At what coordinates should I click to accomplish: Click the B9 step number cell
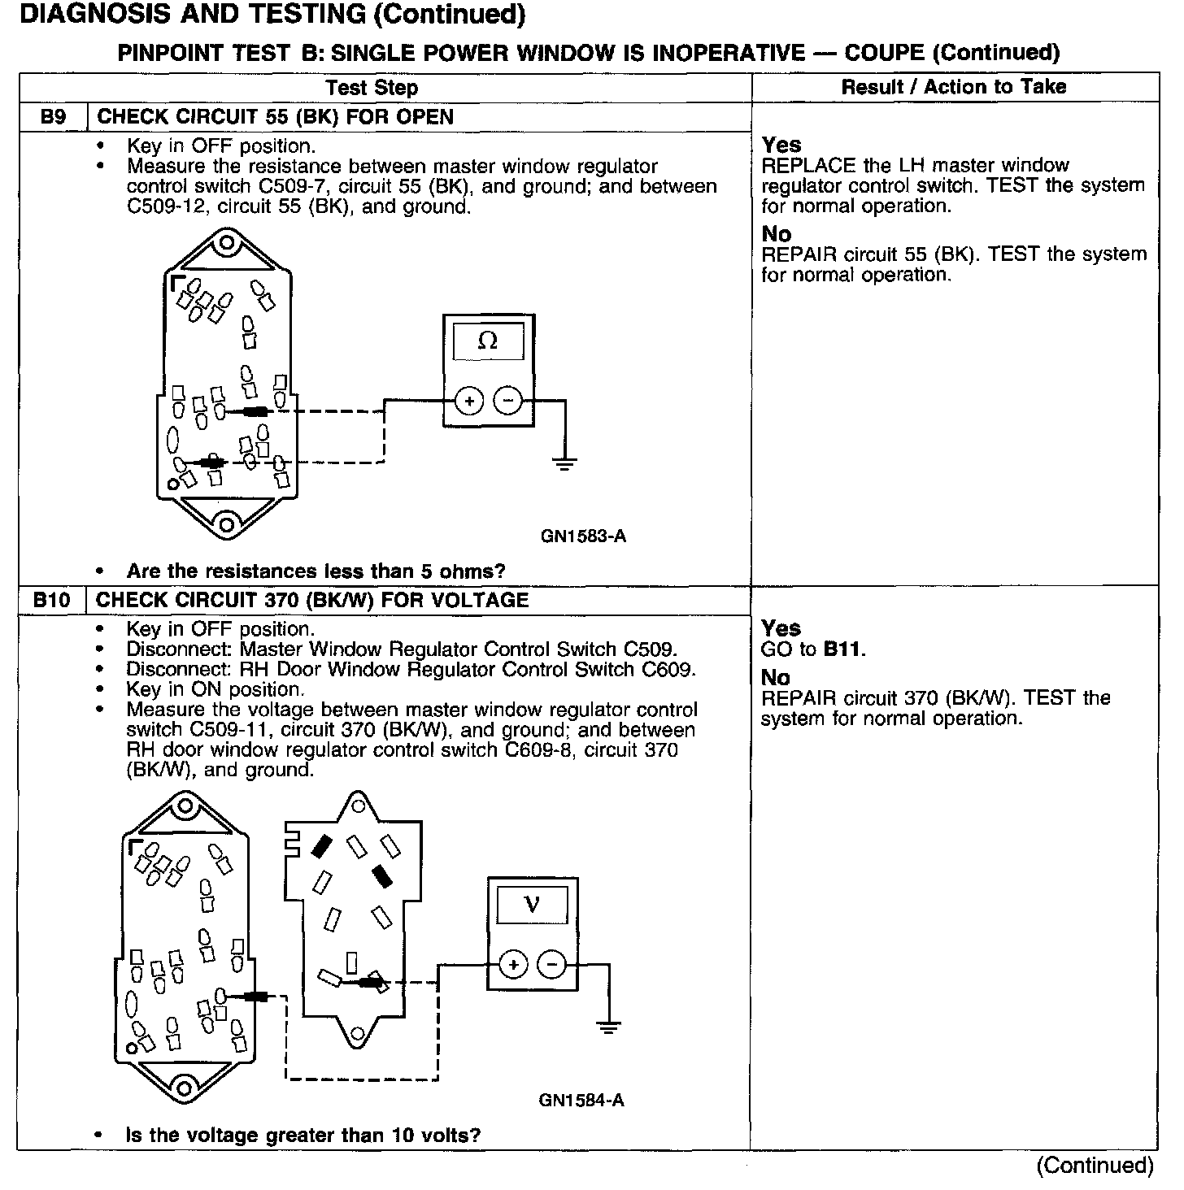(53, 117)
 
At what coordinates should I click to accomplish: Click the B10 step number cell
(52, 601)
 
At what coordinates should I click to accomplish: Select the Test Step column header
(372, 88)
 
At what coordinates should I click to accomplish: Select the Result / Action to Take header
(953, 87)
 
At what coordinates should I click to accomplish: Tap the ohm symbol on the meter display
(488, 341)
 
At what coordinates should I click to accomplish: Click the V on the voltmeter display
(532, 903)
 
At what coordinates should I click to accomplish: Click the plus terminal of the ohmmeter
(469, 401)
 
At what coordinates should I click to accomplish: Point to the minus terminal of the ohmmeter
(508, 401)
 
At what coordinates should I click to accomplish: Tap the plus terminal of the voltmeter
(513, 965)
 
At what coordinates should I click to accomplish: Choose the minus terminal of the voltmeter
(552, 965)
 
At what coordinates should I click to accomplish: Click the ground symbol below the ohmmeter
(564, 464)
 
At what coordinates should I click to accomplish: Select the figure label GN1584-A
(581, 1101)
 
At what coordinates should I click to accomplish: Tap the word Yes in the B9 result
(781, 145)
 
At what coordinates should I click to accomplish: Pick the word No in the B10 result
(776, 678)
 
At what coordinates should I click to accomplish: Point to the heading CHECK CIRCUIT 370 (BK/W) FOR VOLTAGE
(312, 601)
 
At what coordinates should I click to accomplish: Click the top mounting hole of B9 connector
(228, 243)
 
